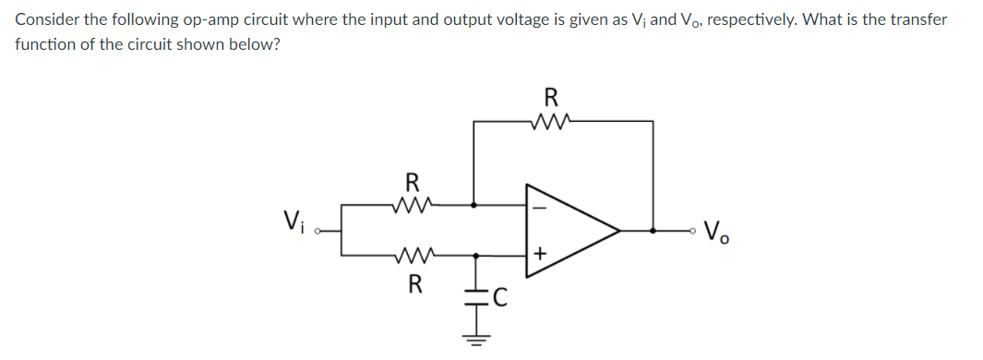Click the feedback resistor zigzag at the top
551,120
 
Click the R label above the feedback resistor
551,96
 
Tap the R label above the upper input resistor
413,181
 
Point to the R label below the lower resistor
413,282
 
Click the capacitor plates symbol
474,296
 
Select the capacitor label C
499,296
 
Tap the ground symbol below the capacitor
474,339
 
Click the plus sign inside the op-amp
541,251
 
